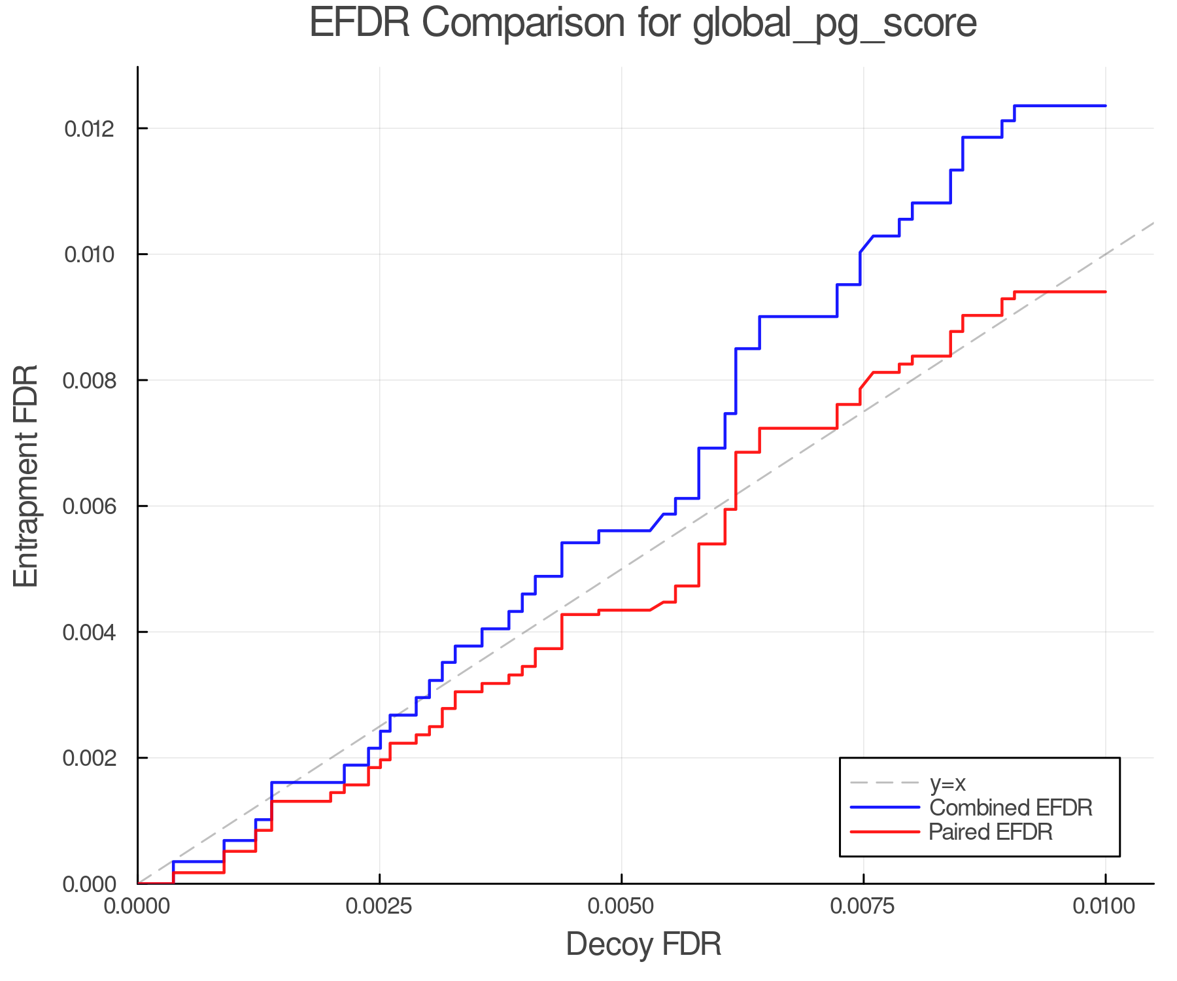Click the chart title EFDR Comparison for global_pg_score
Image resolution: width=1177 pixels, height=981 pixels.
[643, 24]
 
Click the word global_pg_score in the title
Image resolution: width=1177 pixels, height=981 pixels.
[834, 25]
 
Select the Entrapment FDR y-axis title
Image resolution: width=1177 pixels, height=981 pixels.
[26, 475]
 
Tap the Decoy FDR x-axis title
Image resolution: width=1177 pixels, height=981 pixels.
[643, 944]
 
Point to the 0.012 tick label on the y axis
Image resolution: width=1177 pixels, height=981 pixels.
[89, 129]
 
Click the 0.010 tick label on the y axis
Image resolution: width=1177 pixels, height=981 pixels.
[89, 254]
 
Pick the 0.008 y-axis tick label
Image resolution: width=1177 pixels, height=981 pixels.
[89, 381]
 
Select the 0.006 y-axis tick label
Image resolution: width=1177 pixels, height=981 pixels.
[89, 506]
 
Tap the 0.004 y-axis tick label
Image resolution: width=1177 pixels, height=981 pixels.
[89, 632]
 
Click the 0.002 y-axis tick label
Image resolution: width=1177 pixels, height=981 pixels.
[89, 759]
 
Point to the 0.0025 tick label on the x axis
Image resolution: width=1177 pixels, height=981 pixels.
[379, 906]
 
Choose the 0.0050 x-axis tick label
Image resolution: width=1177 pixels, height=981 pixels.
[621, 906]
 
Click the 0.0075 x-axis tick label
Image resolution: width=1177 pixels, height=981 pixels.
[863, 906]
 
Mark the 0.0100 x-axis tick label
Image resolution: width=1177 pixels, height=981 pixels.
[1105, 906]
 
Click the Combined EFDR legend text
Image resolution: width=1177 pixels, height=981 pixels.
[1010, 808]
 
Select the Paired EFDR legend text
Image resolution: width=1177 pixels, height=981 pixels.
[991, 832]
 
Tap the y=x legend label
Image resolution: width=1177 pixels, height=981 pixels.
[947, 783]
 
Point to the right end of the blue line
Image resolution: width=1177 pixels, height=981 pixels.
[1105, 105]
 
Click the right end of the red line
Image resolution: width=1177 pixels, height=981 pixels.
[1105, 292]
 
